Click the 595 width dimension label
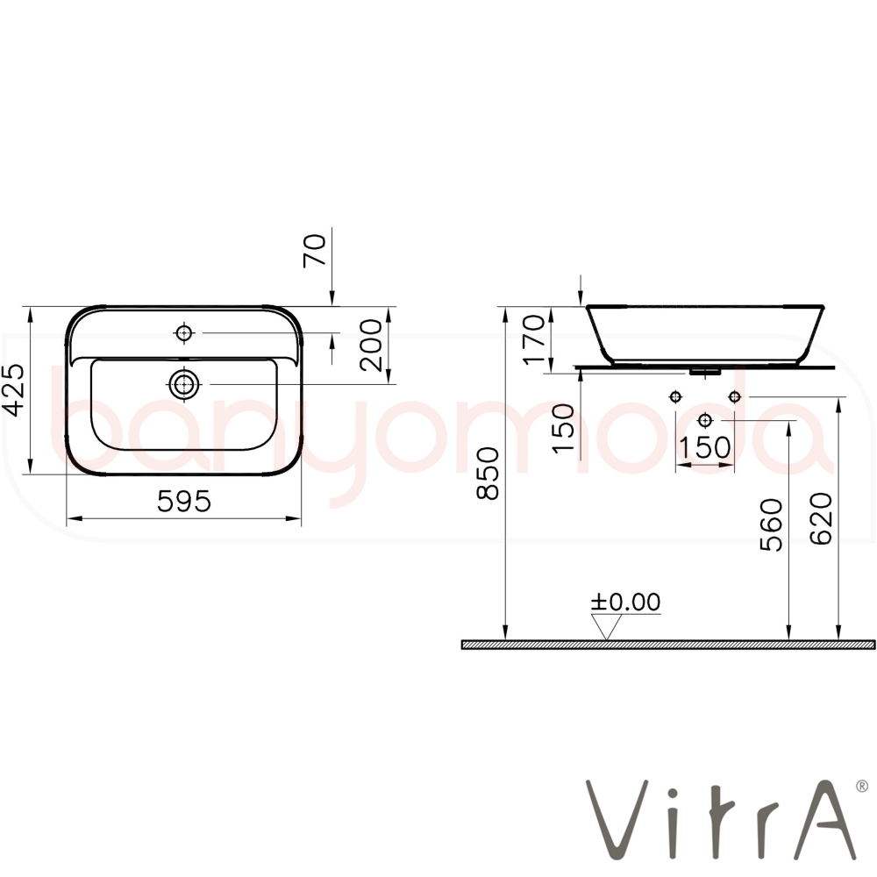(x=184, y=501)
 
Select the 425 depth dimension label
(x=13, y=390)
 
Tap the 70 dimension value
(x=314, y=251)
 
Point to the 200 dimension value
(x=371, y=345)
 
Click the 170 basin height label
(x=533, y=339)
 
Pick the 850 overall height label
(x=487, y=474)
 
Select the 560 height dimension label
(x=771, y=524)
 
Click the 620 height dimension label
(x=821, y=518)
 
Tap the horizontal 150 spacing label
(x=704, y=447)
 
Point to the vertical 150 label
(x=563, y=429)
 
